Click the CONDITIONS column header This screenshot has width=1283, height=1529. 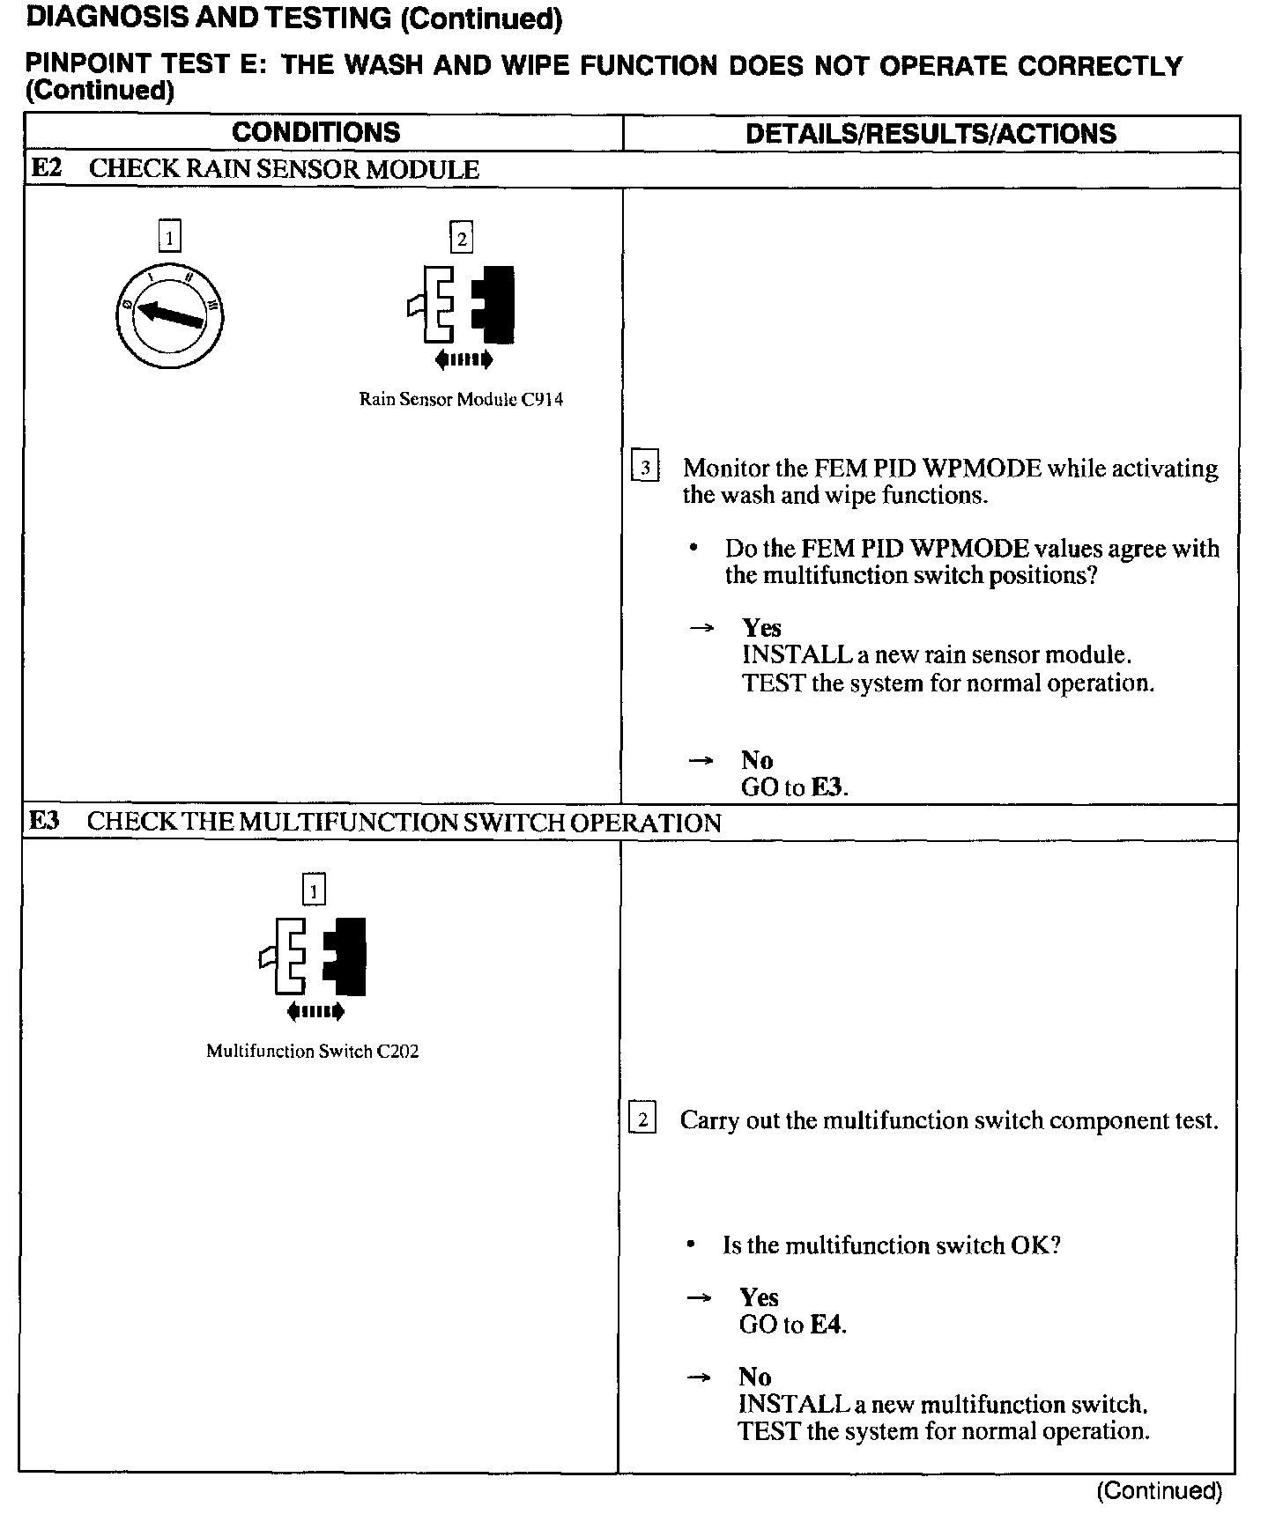point(315,133)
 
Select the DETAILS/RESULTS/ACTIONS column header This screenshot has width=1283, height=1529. point(931,134)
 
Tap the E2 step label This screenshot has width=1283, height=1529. point(47,168)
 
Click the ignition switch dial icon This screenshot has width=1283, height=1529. point(169,314)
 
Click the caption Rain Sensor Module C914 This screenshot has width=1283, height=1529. point(461,400)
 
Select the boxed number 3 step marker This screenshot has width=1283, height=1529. point(645,467)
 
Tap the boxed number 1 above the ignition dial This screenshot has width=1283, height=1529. point(169,236)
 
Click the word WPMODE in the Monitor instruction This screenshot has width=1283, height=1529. point(986,469)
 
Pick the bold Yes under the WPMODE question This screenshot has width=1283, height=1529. point(761,628)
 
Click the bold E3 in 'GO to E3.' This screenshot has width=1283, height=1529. point(827,787)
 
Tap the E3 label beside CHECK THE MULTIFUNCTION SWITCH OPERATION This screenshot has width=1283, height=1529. point(45,821)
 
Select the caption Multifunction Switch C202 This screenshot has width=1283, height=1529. point(312,1052)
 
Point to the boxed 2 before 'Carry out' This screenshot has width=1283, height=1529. point(642,1120)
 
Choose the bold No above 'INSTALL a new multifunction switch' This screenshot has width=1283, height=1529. point(755,1377)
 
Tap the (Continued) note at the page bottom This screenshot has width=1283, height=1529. point(1159,1490)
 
